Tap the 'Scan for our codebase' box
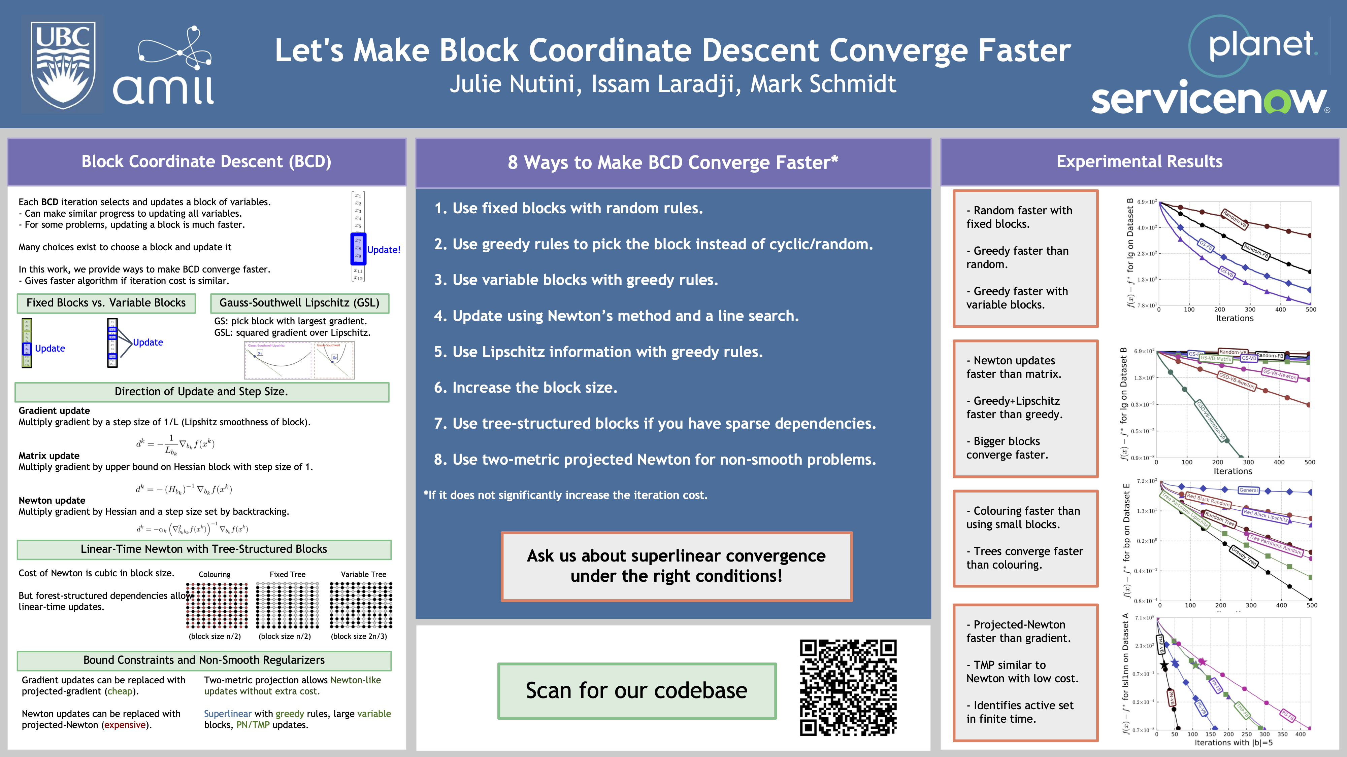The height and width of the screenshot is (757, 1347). tap(636, 691)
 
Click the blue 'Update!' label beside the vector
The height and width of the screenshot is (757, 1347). tap(383, 250)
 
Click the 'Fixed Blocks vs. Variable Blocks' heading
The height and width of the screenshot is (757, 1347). tap(106, 303)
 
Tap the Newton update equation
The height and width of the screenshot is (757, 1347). tap(192, 529)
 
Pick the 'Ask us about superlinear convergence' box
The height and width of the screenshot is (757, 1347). tap(676, 566)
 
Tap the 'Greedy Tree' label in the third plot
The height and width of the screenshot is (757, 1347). tap(1244, 556)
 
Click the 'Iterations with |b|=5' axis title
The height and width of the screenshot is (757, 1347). tap(1233, 743)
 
